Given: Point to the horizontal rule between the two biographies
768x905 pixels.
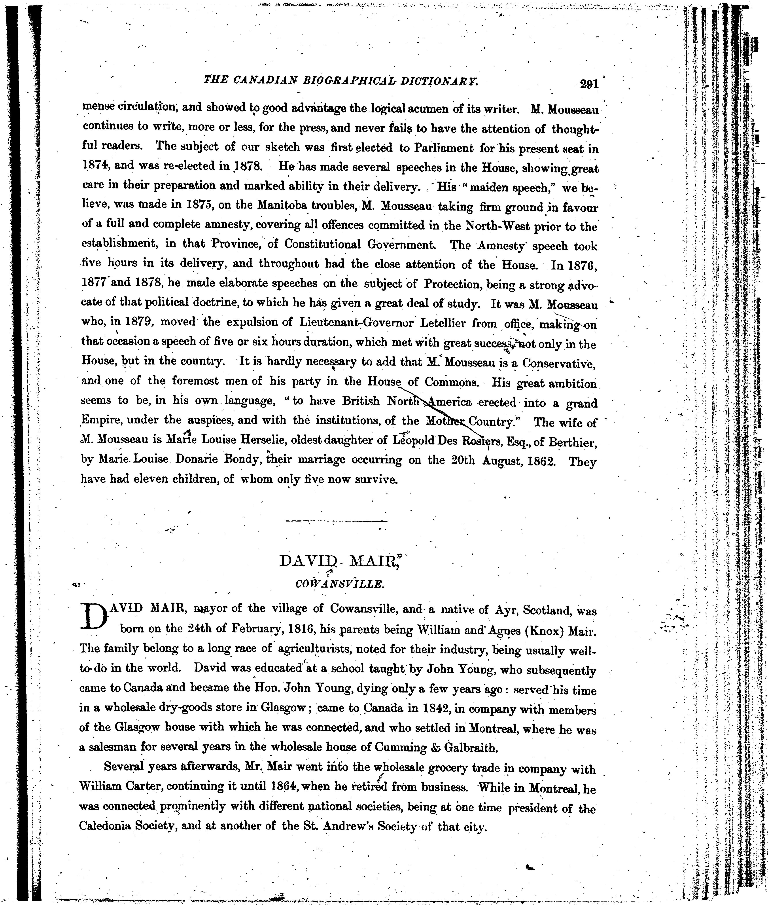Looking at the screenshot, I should [337, 521].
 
